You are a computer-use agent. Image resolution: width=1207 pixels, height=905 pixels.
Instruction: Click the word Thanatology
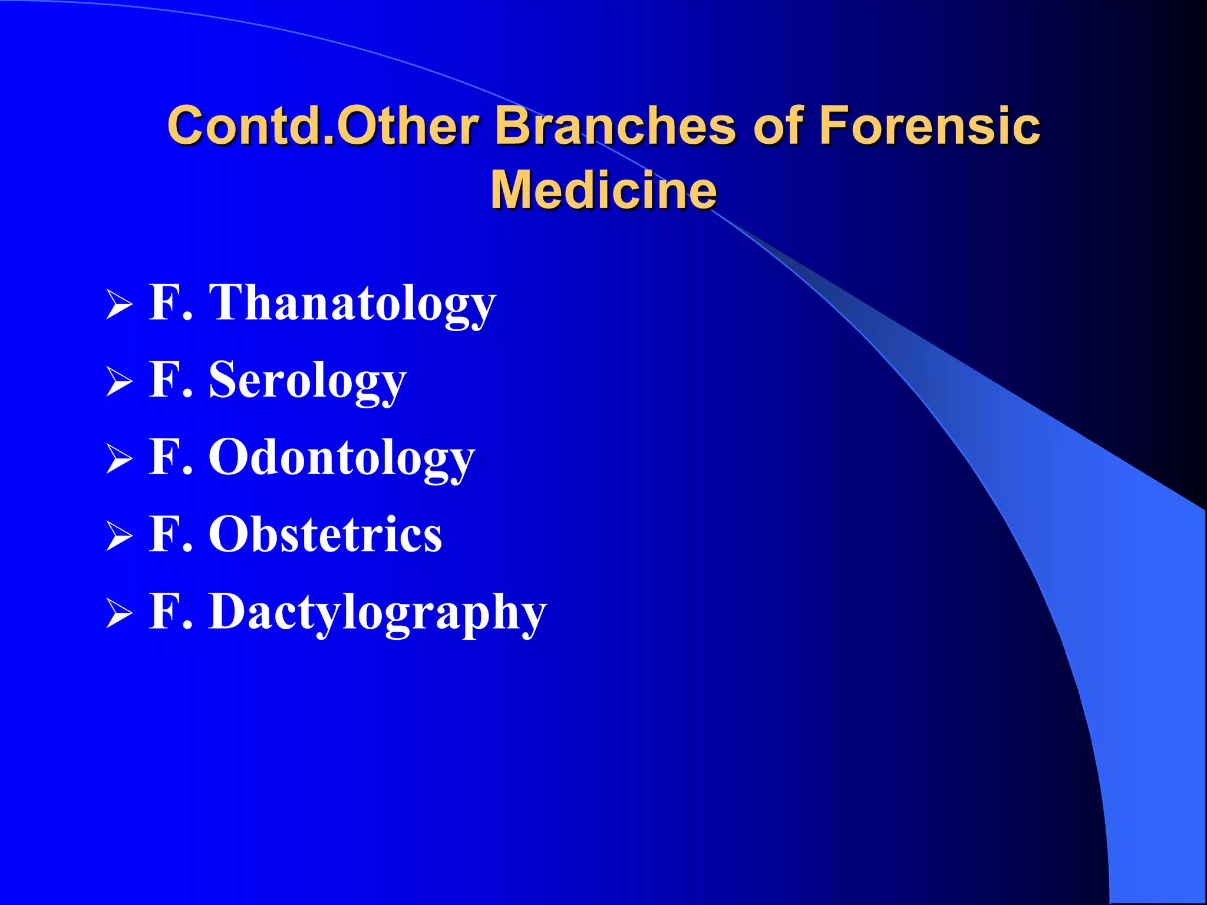pos(352,303)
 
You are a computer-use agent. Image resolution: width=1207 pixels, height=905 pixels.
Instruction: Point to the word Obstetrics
pos(325,534)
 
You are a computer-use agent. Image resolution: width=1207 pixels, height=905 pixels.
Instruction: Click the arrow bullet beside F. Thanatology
pos(119,305)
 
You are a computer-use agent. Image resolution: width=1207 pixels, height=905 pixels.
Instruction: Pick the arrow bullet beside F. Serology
pos(119,382)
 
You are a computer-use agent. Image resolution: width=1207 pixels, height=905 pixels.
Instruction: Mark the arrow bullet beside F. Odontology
pos(119,459)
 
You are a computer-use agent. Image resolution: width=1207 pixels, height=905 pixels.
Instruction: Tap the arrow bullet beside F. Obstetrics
pos(119,536)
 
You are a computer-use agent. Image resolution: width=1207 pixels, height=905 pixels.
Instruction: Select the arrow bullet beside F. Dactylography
pos(119,614)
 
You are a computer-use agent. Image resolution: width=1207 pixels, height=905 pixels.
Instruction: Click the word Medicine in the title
pos(603,190)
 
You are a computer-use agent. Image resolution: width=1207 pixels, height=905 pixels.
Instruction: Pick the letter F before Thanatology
pos(164,302)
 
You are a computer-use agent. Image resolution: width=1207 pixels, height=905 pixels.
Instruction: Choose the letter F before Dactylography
pos(164,611)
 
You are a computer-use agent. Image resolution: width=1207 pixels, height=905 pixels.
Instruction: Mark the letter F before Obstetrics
pos(164,533)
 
